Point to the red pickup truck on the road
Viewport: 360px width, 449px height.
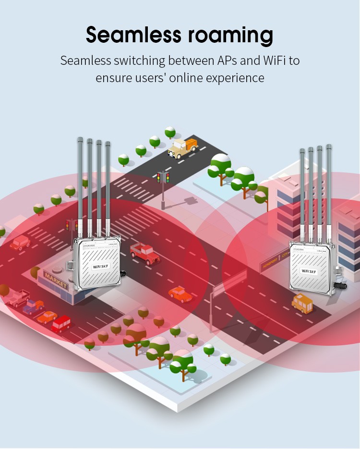(144, 252)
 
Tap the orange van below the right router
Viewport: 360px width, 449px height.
(302, 303)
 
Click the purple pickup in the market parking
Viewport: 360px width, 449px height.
(33, 306)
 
